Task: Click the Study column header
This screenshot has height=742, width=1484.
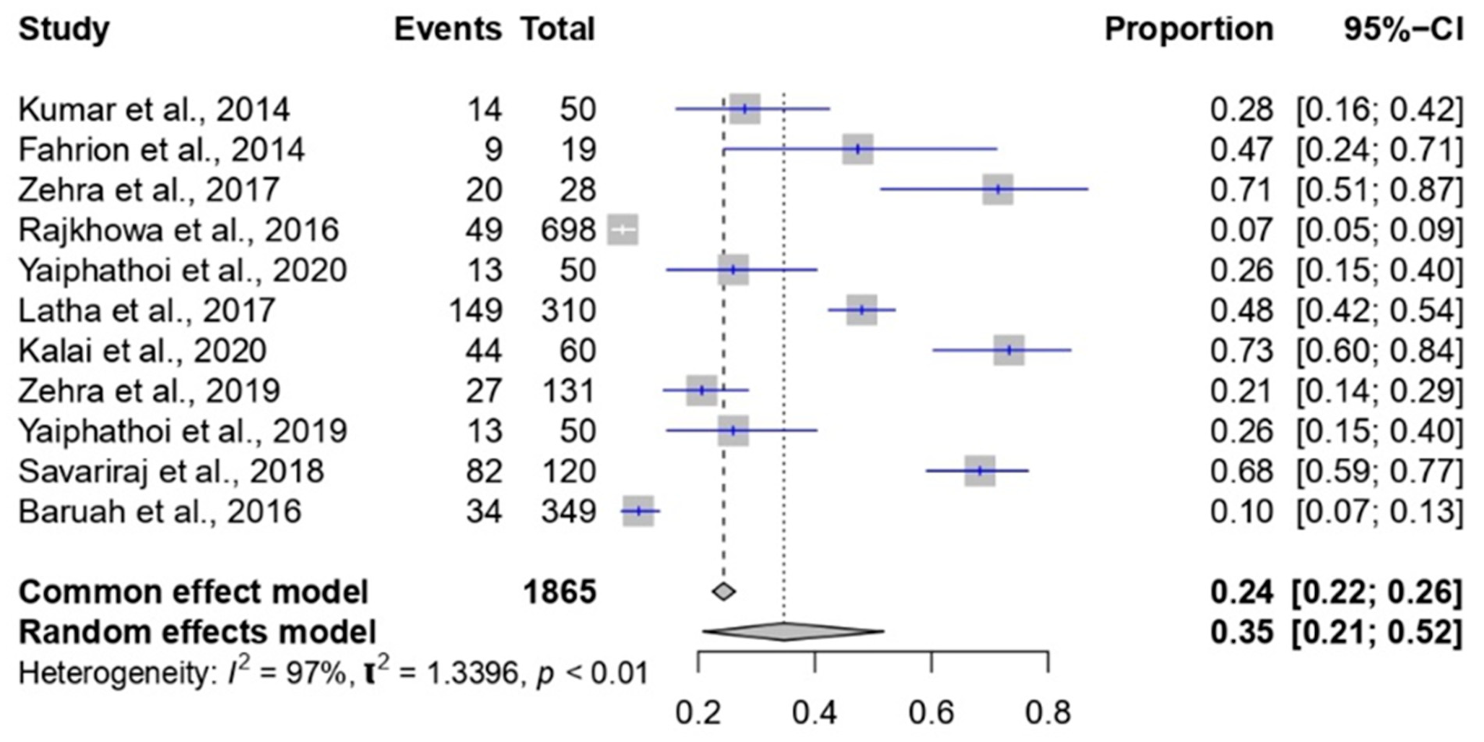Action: tap(63, 29)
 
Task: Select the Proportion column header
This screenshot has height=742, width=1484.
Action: tap(1188, 29)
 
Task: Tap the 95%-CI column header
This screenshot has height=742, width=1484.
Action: tap(1403, 29)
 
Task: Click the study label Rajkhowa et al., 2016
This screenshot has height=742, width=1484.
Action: tap(178, 230)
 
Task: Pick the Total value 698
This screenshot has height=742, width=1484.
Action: tap(567, 230)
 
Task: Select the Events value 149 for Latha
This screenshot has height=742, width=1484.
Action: tap(476, 310)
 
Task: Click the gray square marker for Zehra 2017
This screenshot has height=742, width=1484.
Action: tap(998, 189)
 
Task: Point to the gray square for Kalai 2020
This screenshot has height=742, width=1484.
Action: tap(1009, 350)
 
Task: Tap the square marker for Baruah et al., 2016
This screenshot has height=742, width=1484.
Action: tap(638, 511)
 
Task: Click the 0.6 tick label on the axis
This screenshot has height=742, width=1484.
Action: tap(931, 713)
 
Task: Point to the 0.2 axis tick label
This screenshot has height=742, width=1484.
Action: tap(698, 713)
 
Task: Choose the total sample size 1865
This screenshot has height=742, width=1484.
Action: tap(559, 592)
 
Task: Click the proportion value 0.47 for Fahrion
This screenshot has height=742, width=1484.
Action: tap(1241, 150)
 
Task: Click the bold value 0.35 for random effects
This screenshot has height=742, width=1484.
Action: tap(1241, 632)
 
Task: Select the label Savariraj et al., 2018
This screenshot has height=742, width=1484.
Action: tap(171, 471)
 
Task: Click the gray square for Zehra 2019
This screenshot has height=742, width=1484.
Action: tap(702, 391)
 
